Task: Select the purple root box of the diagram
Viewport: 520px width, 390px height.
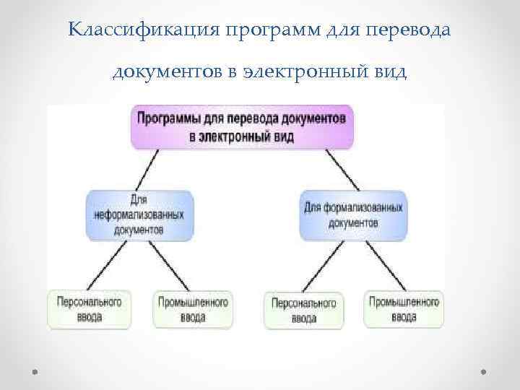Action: pos(243,127)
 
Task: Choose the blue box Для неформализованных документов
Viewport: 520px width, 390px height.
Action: pos(139,214)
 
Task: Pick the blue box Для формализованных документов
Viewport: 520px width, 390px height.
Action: pos(353,214)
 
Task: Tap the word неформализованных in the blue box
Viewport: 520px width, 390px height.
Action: pos(139,214)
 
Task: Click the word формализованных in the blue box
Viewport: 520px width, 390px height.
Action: pos(363,208)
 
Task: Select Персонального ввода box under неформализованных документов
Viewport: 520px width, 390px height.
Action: pos(85,309)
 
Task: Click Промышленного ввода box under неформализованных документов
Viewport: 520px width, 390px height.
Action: pos(193,309)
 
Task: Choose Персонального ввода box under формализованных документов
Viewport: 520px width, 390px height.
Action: pos(304,310)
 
